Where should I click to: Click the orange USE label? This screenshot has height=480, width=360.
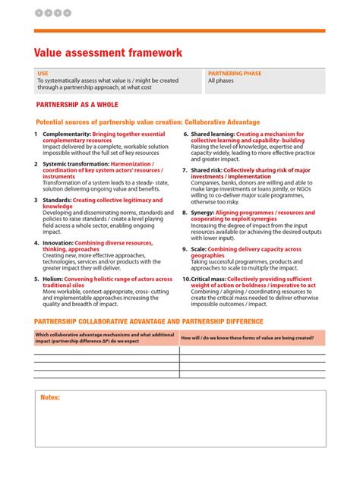[43, 74]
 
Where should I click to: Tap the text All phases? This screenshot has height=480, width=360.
[221, 81]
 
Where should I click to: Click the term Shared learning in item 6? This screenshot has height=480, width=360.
[212, 134]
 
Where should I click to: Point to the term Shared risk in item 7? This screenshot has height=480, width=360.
[206, 170]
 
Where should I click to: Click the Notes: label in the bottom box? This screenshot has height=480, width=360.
[50, 397]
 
